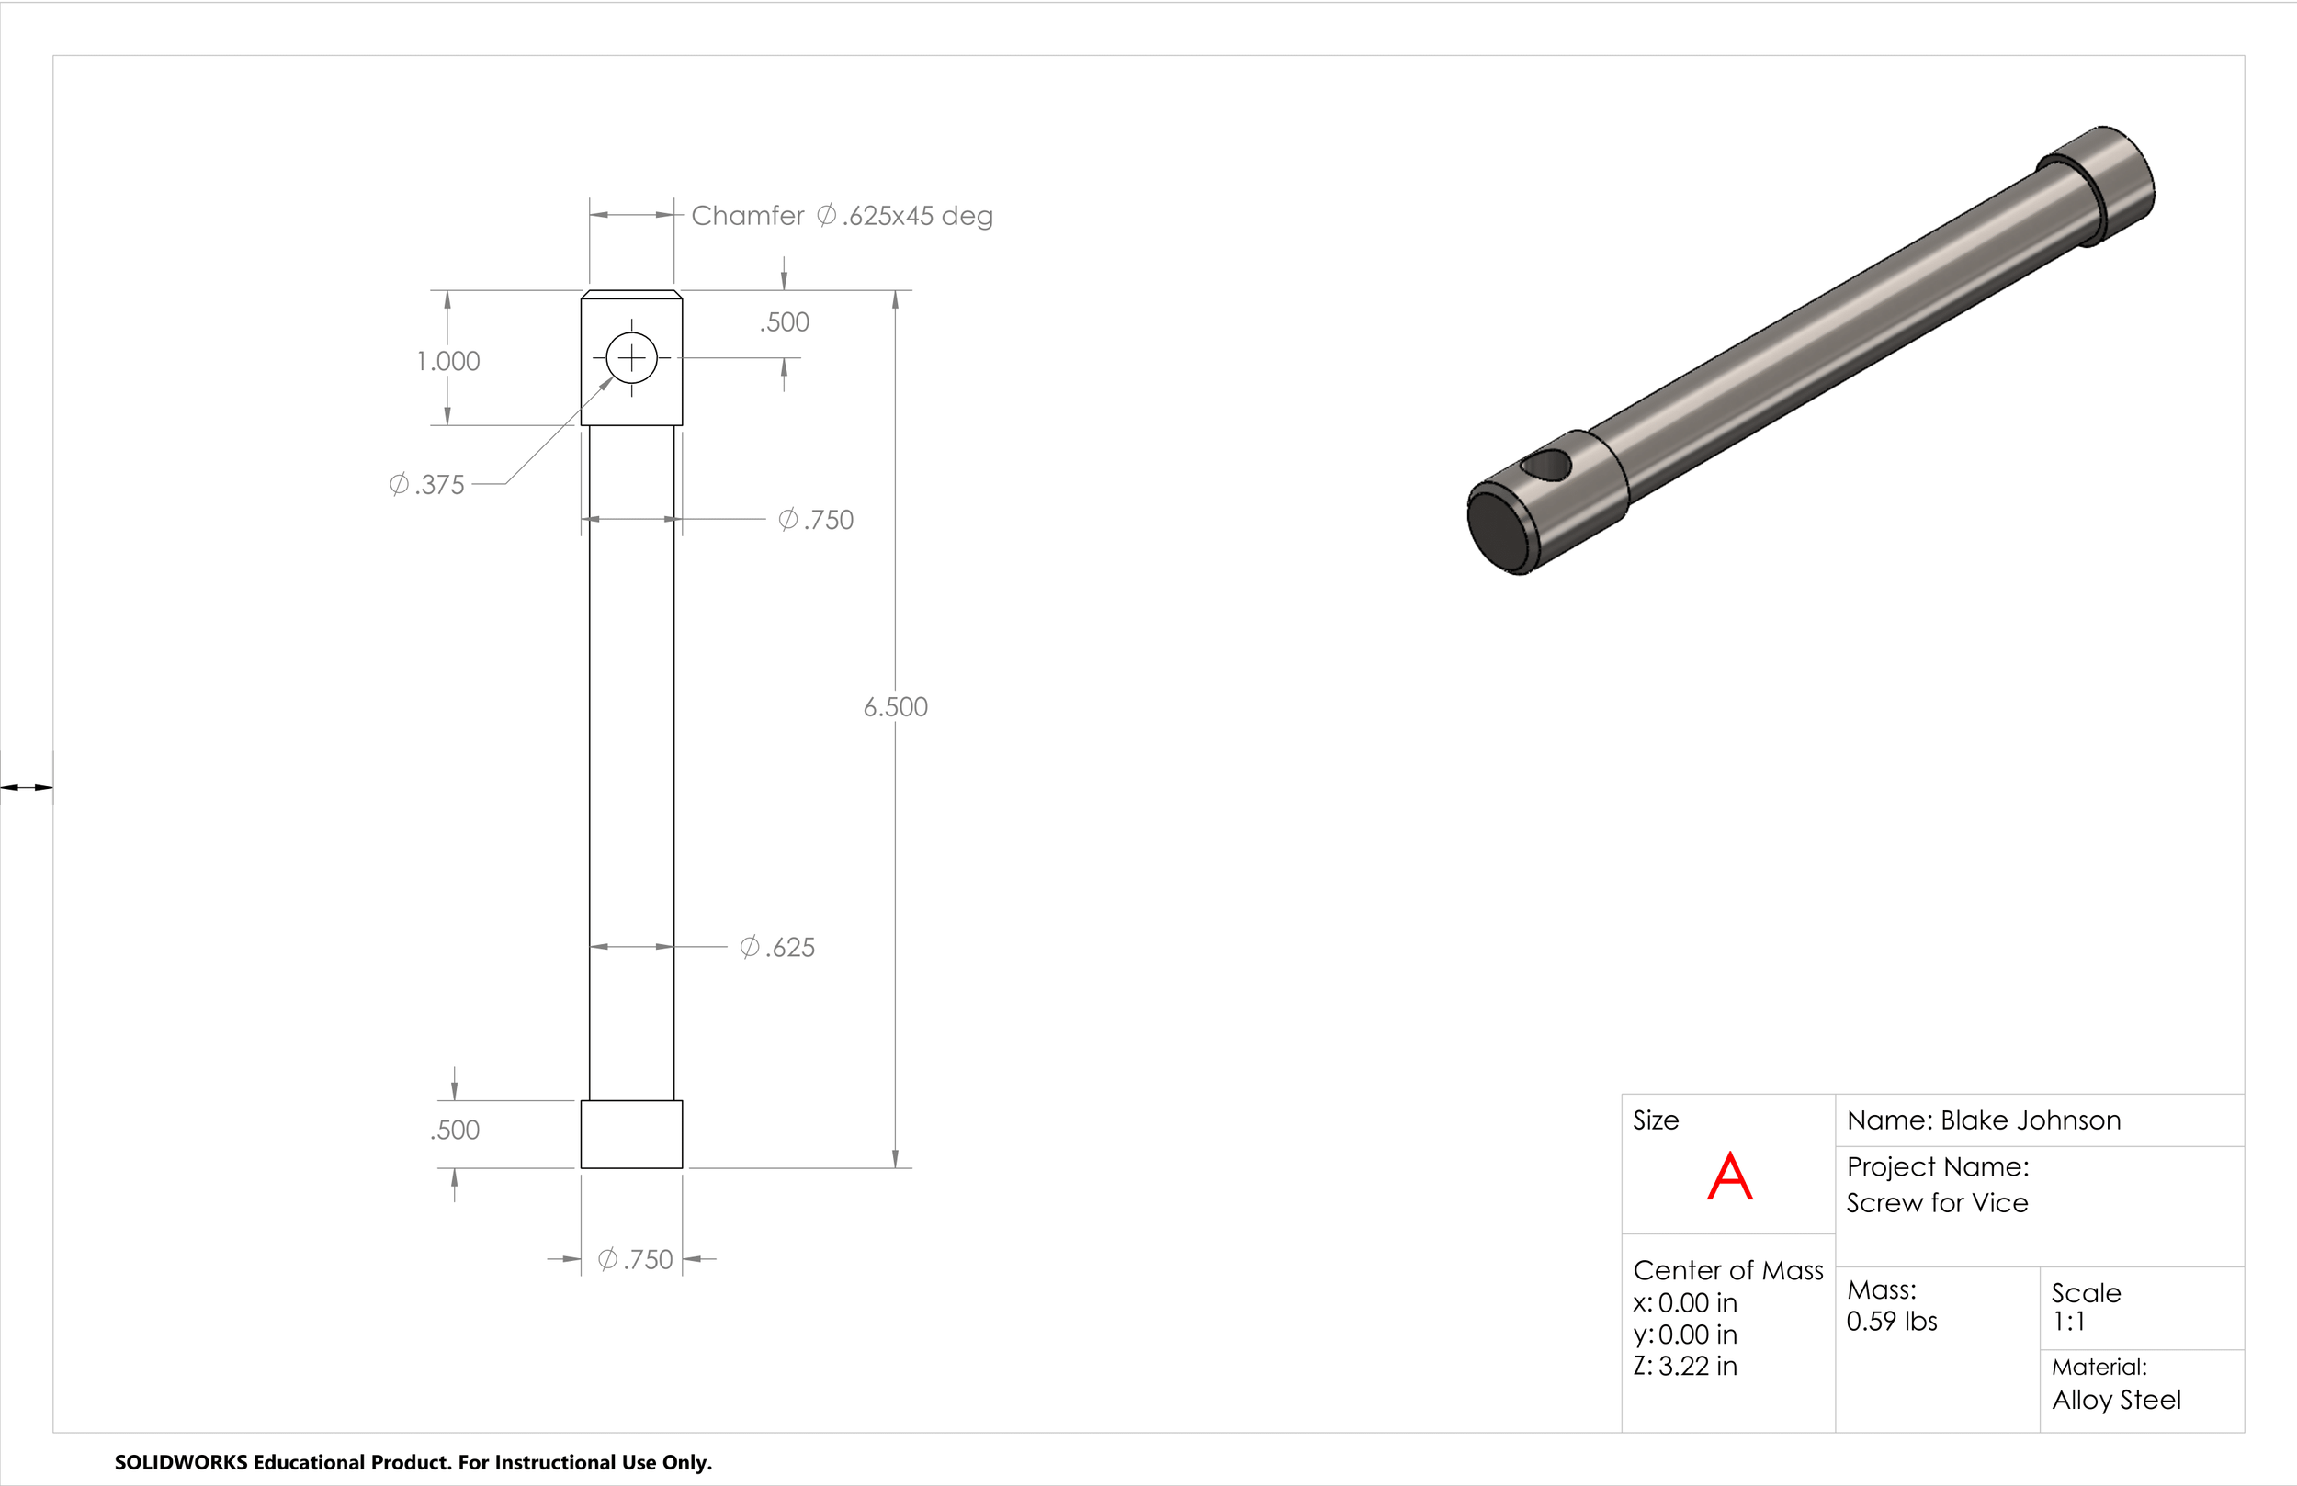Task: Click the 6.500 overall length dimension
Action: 896,706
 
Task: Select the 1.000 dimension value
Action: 447,361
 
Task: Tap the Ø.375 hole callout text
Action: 426,484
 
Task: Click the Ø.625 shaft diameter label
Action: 777,948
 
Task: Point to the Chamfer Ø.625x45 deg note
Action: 843,215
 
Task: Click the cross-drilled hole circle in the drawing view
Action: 632,332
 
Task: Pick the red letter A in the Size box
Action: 1729,1176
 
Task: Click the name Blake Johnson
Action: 2031,1120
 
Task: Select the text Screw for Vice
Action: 1937,1203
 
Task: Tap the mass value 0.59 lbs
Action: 1892,1321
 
